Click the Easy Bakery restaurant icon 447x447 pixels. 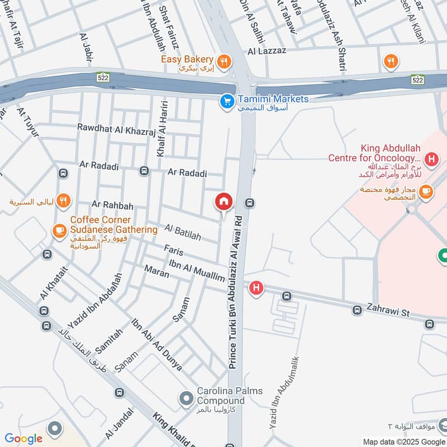click(223, 61)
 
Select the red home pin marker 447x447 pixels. click(223, 202)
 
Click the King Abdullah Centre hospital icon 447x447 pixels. click(430, 160)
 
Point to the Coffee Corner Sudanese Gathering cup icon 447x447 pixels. click(59, 230)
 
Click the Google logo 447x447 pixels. click(23, 439)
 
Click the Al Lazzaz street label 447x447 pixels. click(268, 51)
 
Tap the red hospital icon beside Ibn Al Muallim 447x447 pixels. click(256, 288)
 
